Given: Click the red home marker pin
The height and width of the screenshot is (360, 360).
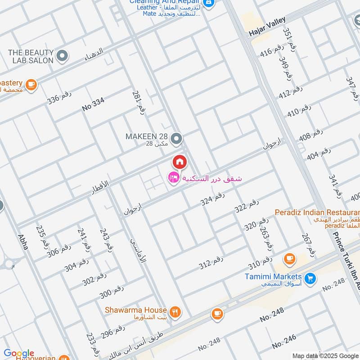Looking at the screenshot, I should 179,162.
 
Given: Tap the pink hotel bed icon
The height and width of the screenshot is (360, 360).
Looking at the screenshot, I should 173,178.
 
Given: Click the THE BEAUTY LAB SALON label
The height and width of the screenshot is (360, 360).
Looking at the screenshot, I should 31,56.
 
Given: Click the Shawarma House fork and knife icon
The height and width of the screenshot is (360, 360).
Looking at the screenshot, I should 175,310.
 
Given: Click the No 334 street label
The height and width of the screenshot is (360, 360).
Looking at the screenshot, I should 93,104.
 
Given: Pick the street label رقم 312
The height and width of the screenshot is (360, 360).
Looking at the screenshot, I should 211,263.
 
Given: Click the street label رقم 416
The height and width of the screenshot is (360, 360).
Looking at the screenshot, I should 273,50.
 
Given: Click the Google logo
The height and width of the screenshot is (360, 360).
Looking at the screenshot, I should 18,354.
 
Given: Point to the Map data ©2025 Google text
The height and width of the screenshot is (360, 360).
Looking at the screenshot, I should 324,355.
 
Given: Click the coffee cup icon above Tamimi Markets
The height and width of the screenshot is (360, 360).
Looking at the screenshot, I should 289,259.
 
